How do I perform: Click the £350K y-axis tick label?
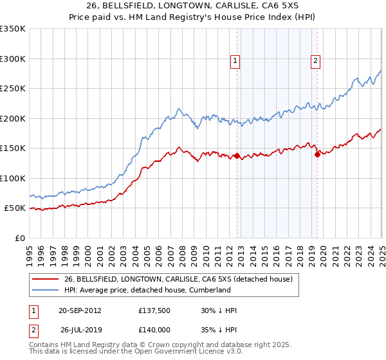point(13,29)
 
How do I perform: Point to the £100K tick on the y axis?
point(13,178)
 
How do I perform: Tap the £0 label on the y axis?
point(20,238)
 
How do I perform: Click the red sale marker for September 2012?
point(237,156)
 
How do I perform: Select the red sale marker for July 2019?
point(317,154)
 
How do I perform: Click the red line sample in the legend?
point(46,279)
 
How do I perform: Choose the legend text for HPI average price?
point(147,290)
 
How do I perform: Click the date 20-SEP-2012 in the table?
point(80,310)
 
